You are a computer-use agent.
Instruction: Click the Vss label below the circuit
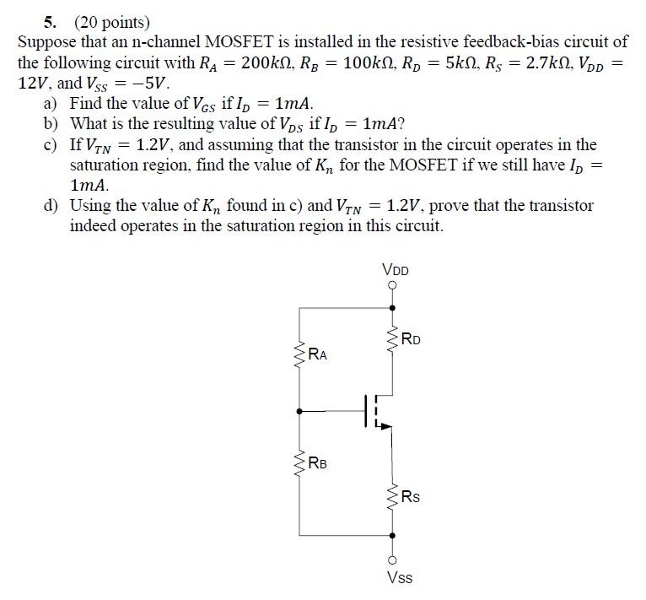tap(399, 578)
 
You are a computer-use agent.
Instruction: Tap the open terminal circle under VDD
tap(392, 286)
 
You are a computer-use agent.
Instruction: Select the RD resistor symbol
tap(391, 341)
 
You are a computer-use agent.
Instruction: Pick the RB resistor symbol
tap(299, 463)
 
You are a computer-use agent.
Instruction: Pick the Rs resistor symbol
tap(392, 497)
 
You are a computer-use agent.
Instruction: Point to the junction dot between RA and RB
tap(299, 411)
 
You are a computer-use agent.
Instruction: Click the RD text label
tap(412, 340)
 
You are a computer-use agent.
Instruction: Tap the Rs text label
tap(411, 497)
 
